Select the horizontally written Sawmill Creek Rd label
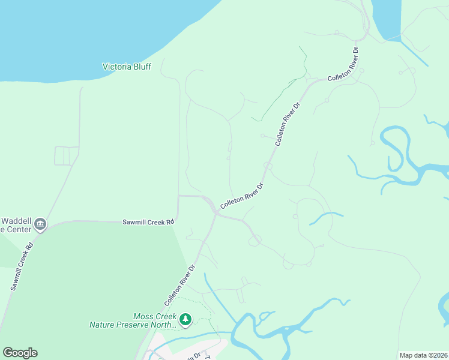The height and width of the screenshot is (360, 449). (148, 222)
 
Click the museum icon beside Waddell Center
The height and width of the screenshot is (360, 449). (41, 224)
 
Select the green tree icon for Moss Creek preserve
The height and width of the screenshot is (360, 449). (186, 319)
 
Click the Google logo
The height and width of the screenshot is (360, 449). (20, 353)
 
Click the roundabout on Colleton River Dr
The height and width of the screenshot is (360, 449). (268, 166)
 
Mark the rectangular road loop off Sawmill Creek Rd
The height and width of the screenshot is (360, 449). (67, 155)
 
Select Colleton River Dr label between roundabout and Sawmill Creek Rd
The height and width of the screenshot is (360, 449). (242, 196)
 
